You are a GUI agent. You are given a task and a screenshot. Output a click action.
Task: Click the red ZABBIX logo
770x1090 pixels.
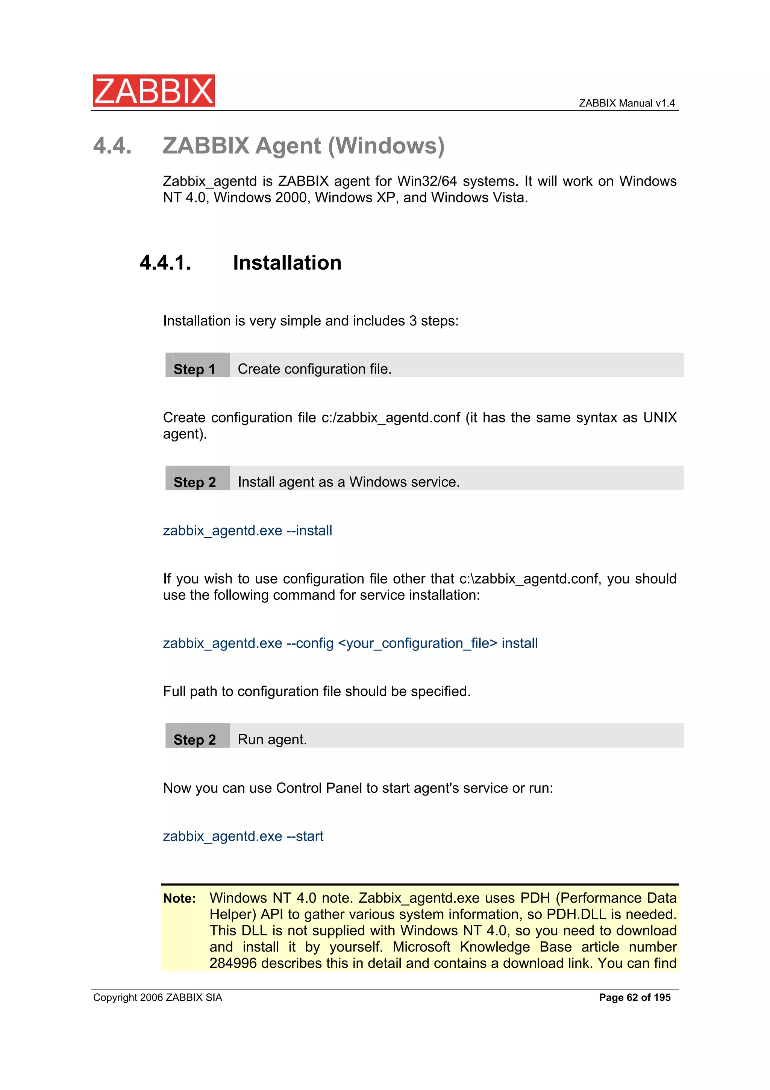pyautogui.click(x=153, y=90)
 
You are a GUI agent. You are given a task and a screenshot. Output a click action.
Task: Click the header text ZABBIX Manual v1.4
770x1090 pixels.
pyautogui.click(x=626, y=103)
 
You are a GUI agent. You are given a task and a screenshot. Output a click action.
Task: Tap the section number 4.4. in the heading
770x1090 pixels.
pyautogui.click(x=112, y=145)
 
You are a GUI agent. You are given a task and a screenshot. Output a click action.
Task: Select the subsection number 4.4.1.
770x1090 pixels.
pyautogui.click(x=165, y=263)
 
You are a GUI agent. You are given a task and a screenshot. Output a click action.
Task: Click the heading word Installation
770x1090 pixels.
pyautogui.click(x=287, y=263)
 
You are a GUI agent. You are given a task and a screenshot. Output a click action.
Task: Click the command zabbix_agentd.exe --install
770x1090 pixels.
pyautogui.click(x=247, y=530)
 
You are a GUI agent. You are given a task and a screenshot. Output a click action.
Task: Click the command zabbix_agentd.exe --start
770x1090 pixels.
pyautogui.click(x=243, y=836)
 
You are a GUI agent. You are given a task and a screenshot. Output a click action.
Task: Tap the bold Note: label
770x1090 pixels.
pyautogui.click(x=179, y=898)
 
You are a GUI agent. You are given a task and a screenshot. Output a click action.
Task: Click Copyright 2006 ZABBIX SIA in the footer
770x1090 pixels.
pyautogui.click(x=158, y=997)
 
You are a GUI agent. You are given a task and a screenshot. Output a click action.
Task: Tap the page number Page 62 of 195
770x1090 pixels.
pyautogui.click(x=634, y=997)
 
